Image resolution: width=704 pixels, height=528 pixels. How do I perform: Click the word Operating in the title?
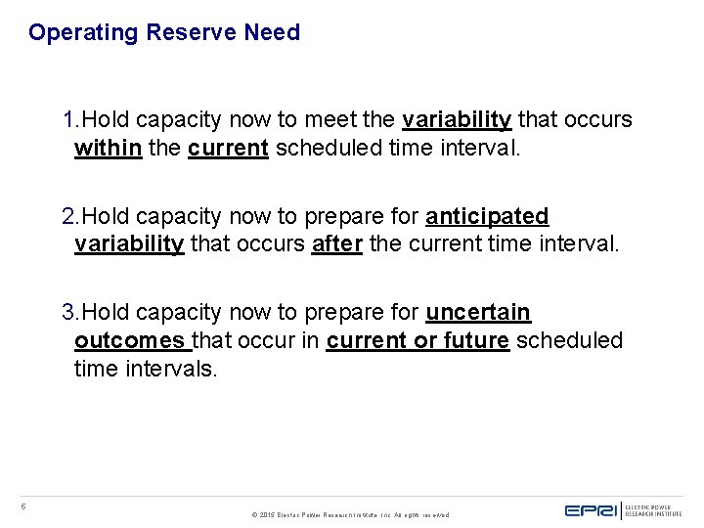(84, 33)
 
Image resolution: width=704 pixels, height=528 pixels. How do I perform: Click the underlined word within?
(108, 149)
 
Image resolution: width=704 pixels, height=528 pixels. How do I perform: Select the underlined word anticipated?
(487, 216)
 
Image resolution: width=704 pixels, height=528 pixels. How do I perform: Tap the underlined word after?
(337, 244)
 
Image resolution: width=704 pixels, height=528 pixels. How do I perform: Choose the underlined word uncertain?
(478, 313)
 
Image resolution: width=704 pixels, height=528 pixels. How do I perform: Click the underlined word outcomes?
(129, 341)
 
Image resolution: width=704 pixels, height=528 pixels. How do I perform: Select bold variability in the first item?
(457, 120)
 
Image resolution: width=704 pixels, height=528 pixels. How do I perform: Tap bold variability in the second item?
(129, 244)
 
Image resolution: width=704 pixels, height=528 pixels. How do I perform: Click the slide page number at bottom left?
(23, 506)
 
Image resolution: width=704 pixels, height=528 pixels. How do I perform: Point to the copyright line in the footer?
(351, 514)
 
